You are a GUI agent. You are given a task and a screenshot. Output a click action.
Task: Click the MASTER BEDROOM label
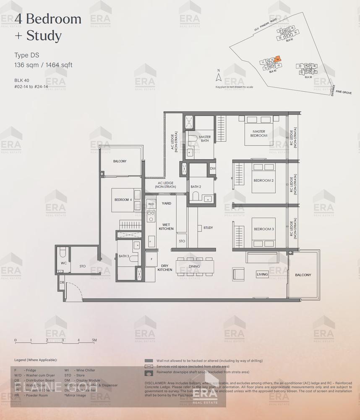pyautogui.click(x=258, y=134)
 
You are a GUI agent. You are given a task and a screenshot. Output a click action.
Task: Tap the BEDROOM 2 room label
pyautogui.click(x=263, y=181)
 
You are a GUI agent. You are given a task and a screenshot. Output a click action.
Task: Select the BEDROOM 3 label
pyautogui.click(x=263, y=229)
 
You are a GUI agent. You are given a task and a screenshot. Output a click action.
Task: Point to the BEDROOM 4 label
pyautogui.click(x=123, y=199)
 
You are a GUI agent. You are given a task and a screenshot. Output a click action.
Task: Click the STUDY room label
pyautogui.click(x=208, y=228)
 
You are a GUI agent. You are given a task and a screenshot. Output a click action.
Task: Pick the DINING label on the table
pyautogui.click(x=194, y=266)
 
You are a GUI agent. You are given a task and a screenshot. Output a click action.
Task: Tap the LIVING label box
pyautogui.click(x=262, y=274)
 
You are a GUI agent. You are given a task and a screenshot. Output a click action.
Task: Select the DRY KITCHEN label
pyautogui.click(x=164, y=268)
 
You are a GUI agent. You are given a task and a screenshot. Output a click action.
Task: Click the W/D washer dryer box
pyautogui.click(x=151, y=204)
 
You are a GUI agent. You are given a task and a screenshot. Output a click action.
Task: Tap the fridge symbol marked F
pyautogui.click(x=151, y=259)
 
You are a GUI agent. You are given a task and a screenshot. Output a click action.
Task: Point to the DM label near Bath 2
pyautogui.click(x=213, y=168)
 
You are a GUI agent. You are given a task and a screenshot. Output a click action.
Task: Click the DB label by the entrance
pyautogui.click(x=61, y=282)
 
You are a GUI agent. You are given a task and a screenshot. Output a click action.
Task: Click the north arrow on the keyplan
pyautogui.click(x=218, y=77)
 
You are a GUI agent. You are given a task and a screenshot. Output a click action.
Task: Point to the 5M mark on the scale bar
pyautogui.click(x=94, y=340)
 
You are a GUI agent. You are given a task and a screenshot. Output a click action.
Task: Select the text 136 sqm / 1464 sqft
pyautogui.click(x=43, y=65)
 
